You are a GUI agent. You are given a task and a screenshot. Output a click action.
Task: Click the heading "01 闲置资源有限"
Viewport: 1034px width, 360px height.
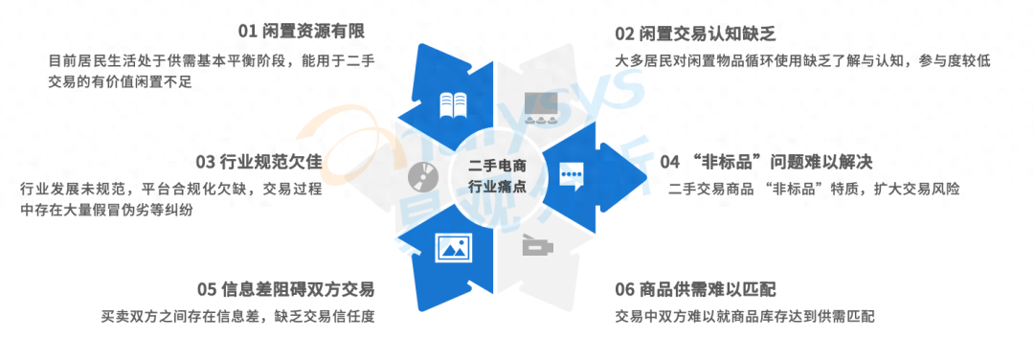pos(302,31)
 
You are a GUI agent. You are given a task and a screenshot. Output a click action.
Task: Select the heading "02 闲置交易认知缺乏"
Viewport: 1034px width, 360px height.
pos(694,34)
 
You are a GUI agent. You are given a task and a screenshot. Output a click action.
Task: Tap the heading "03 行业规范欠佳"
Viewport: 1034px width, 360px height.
pos(258,161)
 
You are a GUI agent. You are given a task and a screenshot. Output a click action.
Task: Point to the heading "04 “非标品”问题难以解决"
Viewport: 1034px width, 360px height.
pos(766,162)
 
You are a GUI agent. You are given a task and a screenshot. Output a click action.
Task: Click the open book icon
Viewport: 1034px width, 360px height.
pos(453,104)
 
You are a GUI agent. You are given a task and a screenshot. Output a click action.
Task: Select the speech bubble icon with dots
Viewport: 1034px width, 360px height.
pos(573,175)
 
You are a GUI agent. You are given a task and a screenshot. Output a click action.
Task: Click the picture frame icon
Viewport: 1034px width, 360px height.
pos(453,248)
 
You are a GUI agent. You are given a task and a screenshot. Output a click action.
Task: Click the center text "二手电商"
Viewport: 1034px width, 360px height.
pos(497,167)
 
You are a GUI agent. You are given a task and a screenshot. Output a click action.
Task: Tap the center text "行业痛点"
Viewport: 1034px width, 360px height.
pos(497,187)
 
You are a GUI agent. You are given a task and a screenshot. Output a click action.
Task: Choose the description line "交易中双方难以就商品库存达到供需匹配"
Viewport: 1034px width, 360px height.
pos(745,316)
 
